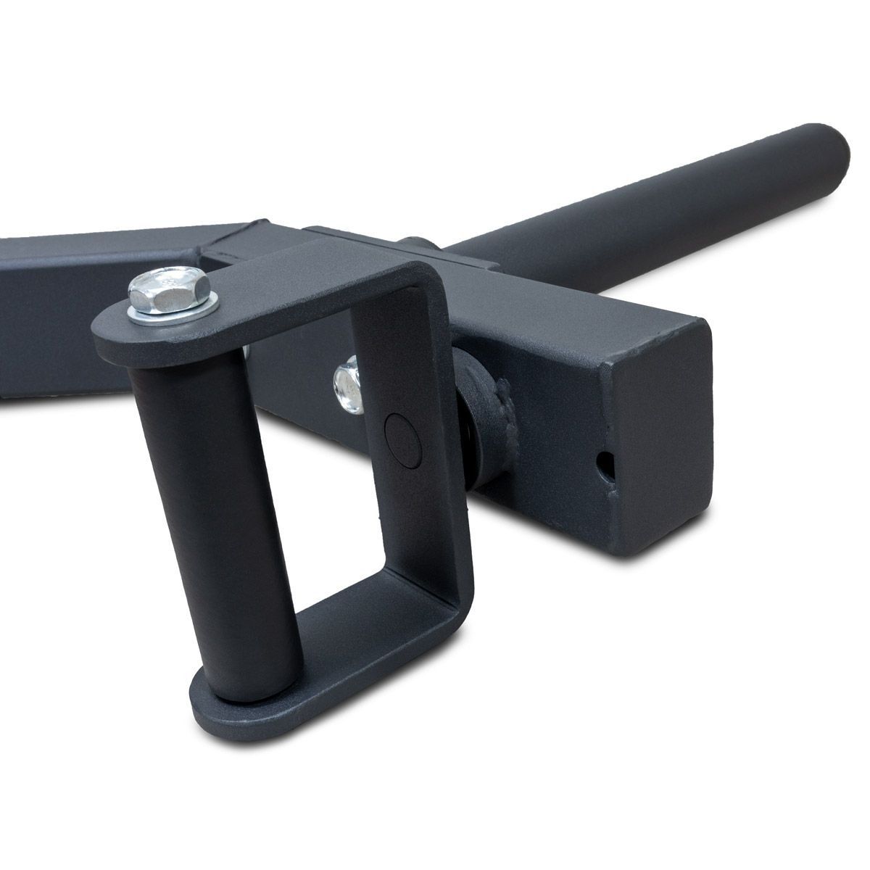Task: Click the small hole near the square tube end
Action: tap(603, 463)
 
